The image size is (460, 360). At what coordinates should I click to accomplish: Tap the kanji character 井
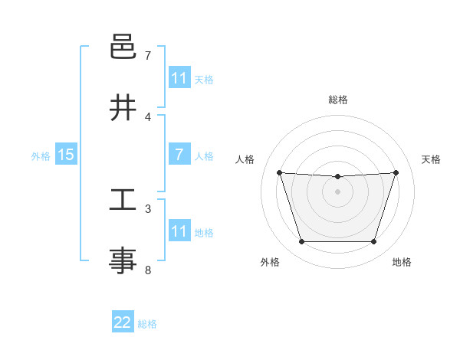123,108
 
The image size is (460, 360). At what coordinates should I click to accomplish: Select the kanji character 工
123,201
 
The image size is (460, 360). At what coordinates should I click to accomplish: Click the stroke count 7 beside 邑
148,56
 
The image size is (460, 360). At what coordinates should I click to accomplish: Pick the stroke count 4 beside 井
148,117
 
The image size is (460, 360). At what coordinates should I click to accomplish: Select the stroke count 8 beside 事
148,270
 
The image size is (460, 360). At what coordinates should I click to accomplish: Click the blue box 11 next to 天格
179,78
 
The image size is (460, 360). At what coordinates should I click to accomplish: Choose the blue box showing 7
179,155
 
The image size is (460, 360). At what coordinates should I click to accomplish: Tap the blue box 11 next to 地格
179,231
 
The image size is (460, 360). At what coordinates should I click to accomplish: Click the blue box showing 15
66,155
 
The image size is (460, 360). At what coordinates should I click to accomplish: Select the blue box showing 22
123,322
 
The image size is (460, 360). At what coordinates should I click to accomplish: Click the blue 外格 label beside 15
41,156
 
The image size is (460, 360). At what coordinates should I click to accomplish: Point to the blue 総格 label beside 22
147,324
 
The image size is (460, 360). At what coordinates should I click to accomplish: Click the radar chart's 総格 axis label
337,100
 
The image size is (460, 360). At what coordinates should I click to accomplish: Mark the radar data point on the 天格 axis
396,172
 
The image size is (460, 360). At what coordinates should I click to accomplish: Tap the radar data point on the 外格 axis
301,242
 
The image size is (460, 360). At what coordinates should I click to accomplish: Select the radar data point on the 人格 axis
279,172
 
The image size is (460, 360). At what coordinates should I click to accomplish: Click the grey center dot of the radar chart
337,191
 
